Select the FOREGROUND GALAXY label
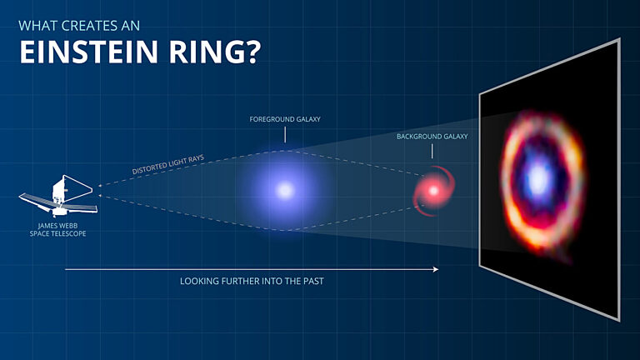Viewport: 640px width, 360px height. coord(285,120)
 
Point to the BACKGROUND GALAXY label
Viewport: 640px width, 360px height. coord(432,136)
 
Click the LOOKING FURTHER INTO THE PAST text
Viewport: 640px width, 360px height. coord(252,282)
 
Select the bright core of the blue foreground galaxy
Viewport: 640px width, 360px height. coord(285,191)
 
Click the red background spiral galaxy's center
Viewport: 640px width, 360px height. coord(432,191)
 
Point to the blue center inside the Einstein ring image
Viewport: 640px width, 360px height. coord(538,177)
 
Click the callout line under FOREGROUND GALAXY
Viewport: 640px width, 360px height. coord(285,136)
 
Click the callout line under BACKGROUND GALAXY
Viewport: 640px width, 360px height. coord(432,151)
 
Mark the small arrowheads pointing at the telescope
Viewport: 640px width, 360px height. coord(100,192)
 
